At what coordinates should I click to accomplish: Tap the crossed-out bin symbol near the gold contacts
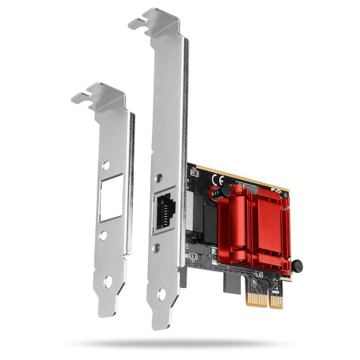(254, 281)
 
